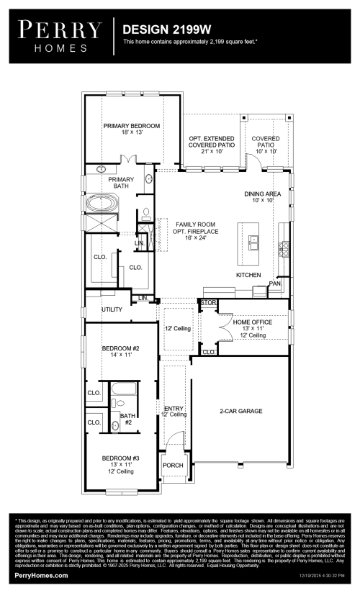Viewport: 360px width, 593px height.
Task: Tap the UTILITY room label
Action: click(x=111, y=309)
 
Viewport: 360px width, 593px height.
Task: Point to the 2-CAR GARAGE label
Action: click(x=240, y=411)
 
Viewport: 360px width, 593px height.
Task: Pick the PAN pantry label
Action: click(x=274, y=284)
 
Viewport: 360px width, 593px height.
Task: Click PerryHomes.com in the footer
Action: click(x=42, y=576)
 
